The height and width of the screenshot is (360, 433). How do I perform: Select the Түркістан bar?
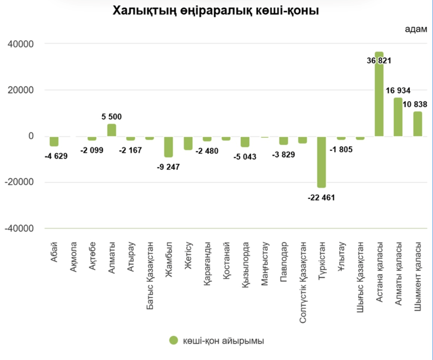(x=322, y=162)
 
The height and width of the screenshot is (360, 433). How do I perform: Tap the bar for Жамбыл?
(x=168, y=146)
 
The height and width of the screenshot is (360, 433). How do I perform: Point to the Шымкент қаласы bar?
(x=417, y=124)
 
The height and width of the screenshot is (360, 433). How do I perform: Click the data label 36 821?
(x=379, y=61)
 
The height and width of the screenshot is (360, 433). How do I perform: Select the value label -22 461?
(x=321, y=197)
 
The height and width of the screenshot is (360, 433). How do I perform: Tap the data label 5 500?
(x=112, y=117)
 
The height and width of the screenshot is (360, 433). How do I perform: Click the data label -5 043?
(x=245, y=157)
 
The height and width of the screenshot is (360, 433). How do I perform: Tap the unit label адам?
(x=415, y=29)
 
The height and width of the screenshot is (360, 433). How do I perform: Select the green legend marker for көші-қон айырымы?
(x=174, y=340)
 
